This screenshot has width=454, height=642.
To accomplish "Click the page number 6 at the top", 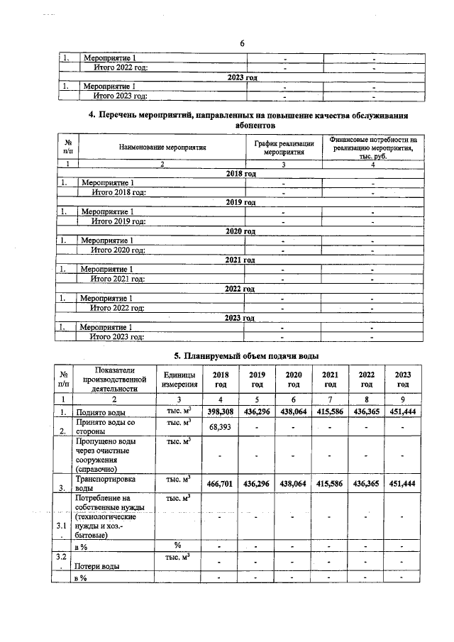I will click(242, 43).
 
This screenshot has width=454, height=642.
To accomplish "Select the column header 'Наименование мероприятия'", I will click(162, 148).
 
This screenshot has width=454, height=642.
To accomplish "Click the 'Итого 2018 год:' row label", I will click(117, 192).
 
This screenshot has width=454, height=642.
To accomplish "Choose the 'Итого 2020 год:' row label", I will click(117, 250).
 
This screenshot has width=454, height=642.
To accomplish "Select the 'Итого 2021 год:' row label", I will click(117, 279).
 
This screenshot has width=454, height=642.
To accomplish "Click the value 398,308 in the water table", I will click(219, 411).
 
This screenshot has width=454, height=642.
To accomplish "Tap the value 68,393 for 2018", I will click(219, 427).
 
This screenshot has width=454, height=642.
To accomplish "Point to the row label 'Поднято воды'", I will click(101, 412).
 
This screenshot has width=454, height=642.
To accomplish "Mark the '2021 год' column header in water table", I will click(329, 380).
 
